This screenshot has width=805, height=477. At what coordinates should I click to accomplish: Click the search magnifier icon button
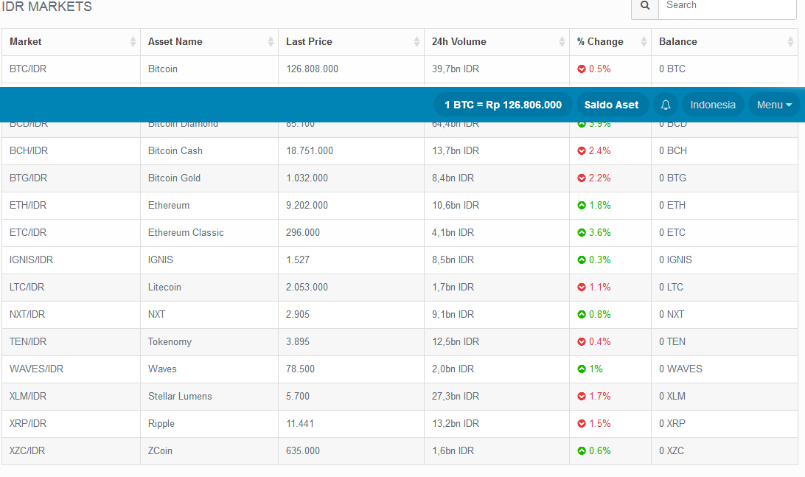click(x=645, y=6)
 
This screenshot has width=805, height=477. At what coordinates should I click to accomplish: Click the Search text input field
click(x=727, y=6)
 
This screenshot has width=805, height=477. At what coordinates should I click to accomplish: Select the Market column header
click(x=26, y=42)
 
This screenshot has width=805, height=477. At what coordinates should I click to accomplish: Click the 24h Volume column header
click(x=459, y=42)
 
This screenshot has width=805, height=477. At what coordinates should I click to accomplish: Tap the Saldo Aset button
click(x=611, y=105)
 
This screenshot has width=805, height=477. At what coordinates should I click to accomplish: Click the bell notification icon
click(x=666, y=105)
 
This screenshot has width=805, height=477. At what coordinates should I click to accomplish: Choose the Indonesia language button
click(x=713, y=105)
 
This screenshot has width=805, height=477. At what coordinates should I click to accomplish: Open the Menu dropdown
click(x=774, y=105)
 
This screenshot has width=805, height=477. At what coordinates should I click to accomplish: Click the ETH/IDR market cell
click(x=28, y=206)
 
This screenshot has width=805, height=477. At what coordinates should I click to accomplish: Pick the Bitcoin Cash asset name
click(x=175, y=151)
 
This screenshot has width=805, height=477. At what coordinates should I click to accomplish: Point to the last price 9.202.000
click(x=307, y=206)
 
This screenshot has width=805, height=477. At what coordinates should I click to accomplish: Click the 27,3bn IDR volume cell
click(x=456, y=397)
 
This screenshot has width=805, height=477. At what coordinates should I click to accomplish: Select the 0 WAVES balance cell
click(x=680, y=369)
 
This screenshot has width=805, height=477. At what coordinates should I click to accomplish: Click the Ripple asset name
click(x=161, y=424)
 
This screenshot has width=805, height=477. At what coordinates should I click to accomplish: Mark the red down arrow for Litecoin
click(x=582, y=288)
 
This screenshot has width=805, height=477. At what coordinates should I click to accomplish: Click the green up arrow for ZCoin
click(x=582, y=451)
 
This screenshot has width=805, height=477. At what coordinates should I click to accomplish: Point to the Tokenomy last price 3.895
click(x=298, y=342)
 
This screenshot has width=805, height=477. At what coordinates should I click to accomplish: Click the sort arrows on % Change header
click(x=644, y=42)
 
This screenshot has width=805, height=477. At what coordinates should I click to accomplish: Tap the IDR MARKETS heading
click(x=47, y=7)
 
